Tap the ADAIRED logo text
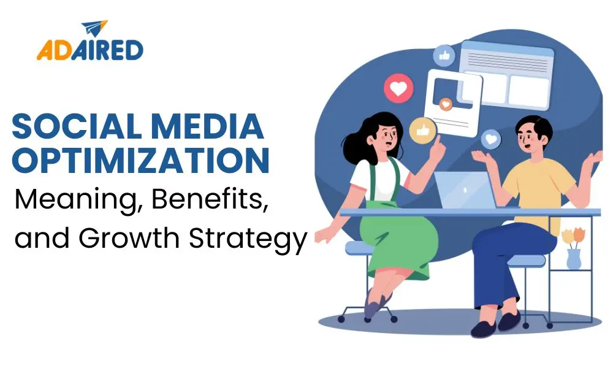tap(89, 50)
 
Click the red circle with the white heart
tap(398, 89)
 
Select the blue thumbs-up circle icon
tap(444, 56)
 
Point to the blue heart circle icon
tap(490, 140)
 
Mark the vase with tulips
tap(573, 248)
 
